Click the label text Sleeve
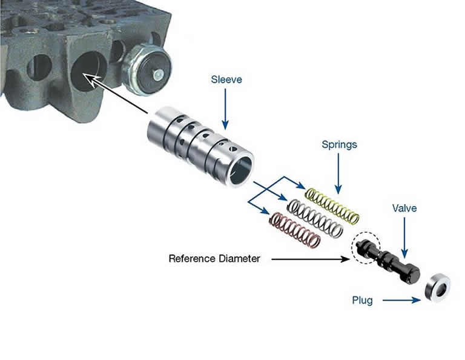click(226, 80)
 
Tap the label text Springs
click(339, 145)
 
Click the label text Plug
click(364, 299)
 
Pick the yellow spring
click(332, 205)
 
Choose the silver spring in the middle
click(314, 218)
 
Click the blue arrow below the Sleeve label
click(226, 109)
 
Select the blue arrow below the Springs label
click(339, 173)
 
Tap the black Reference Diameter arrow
click(309, 259)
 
